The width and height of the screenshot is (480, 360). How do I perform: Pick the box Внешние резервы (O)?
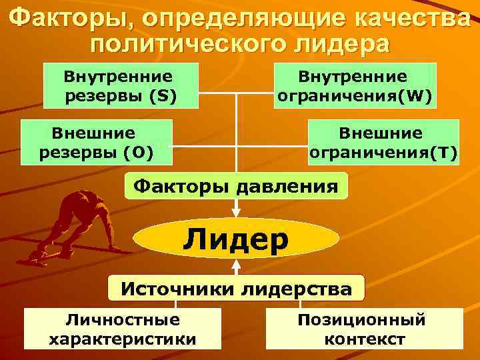click(97, 142)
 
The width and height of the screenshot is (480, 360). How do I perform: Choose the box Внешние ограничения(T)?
click(384, 142)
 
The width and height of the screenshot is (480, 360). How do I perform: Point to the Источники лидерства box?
click(236, 289)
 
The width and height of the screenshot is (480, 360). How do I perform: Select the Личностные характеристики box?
click(123, 329)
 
